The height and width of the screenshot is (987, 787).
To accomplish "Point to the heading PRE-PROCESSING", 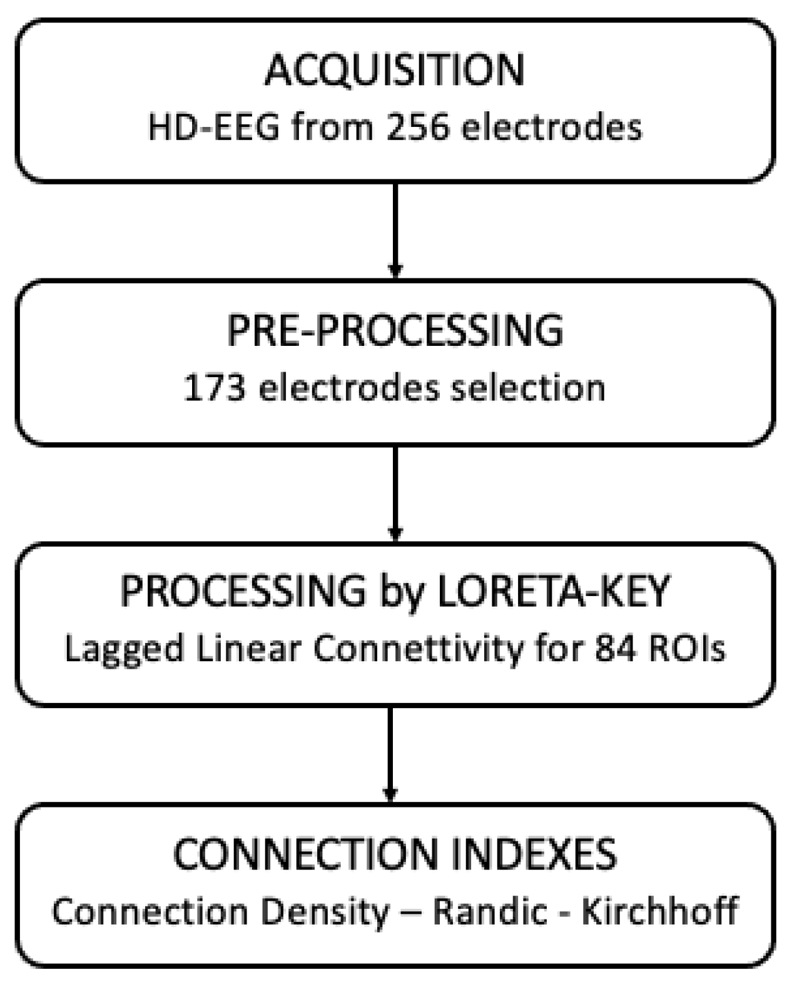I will tap(395, 331).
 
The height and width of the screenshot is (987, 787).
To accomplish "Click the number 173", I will tap(214, 388).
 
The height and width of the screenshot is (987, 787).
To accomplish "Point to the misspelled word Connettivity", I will tap(417, 649).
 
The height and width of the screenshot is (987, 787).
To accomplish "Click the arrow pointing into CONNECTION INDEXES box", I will tap(390, 754).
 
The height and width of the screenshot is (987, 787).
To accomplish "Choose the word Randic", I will tap(490, 912).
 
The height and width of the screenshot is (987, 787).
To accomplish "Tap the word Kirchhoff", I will tap(659, 912).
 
